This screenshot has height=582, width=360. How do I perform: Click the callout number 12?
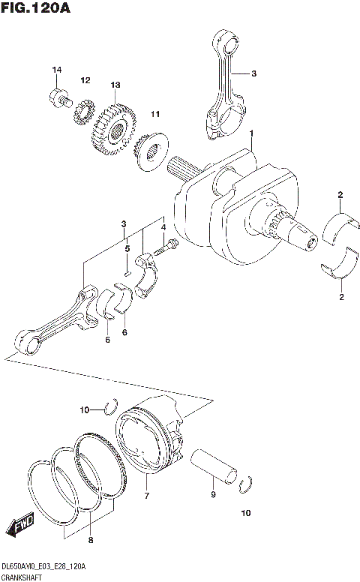(x=85, y=80)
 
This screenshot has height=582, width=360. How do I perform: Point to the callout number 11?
(x=155, y=114)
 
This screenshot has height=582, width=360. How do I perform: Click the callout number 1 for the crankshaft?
(x=252, y=133)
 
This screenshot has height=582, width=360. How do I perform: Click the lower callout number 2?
(x=340, y=297)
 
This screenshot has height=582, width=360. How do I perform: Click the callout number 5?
(x=127, y=248)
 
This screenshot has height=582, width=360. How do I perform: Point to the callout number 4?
(x=162, y=238)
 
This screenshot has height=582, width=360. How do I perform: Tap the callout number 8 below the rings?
(x=91, y=539)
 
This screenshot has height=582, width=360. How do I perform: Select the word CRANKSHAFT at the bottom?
(x=22, y=577)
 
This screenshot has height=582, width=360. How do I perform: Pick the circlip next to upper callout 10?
(x=111, y=407)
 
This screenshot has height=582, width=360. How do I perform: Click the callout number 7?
(x=147, y=496)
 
